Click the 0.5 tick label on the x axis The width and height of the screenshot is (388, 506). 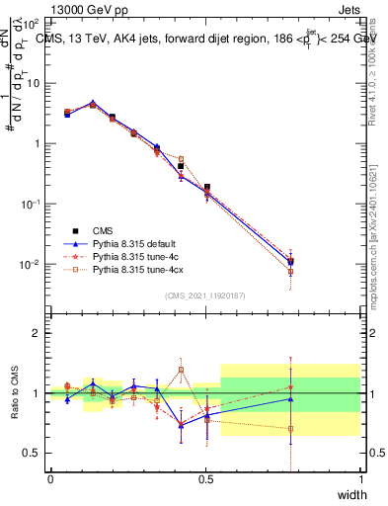(205, 479)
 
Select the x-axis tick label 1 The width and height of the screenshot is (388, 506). (361, 479)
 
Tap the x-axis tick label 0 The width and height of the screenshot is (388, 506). (51, 479)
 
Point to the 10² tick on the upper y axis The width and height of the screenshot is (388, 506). (32, 22)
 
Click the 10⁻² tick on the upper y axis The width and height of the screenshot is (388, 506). (32, 265)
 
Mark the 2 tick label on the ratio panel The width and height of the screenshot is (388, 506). (37, 333)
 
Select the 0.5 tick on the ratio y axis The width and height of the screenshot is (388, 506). (33, 453)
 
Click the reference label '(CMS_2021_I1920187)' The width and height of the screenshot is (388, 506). (205, 295)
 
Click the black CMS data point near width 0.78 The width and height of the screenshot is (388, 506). (290, 262)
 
